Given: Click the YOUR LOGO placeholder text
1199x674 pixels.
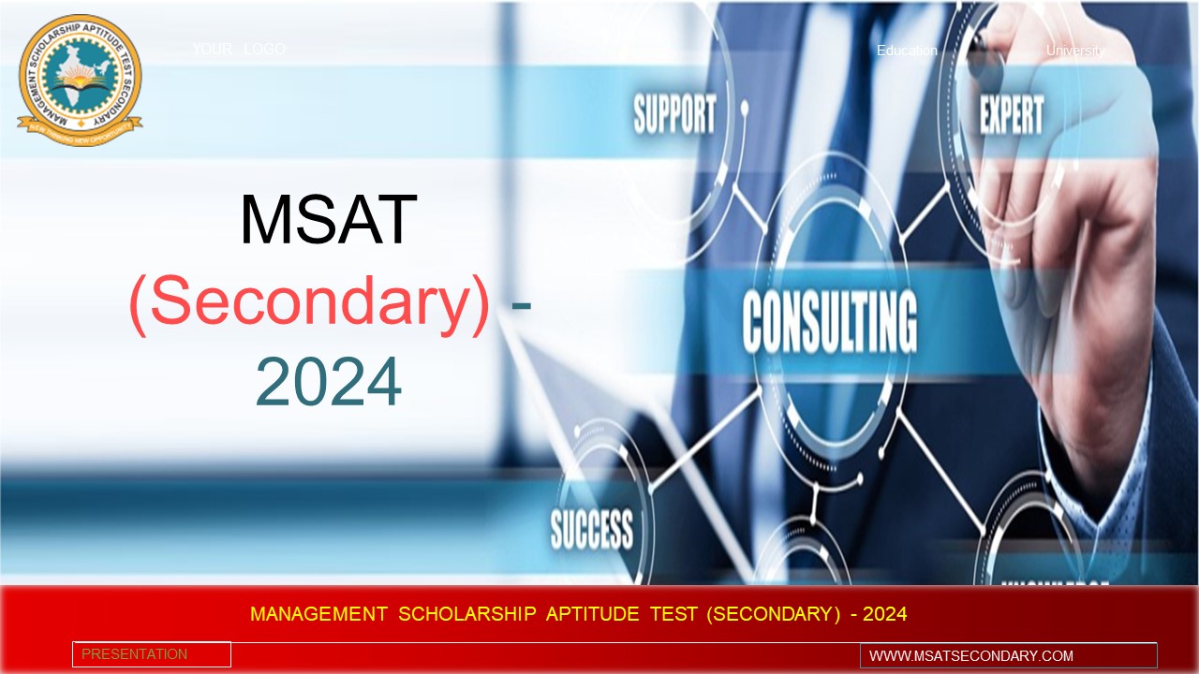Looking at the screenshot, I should pyautogui.click(x=239, y=49).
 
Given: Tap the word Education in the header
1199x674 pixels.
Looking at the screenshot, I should pyautogui.click(x=907, y=51).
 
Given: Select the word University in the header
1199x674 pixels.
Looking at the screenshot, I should pyautogui.click(x=1075, y=51).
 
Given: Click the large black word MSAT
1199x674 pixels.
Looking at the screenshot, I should pyautogui.click(x=328, y=221).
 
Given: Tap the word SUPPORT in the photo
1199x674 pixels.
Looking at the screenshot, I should pyautogui.click(x=674, y=114).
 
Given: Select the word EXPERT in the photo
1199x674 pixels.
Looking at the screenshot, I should pyautogui.click(x=1011, y=116).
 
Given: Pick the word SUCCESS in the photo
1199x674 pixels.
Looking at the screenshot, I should pyautogui.click(x=591, y=529).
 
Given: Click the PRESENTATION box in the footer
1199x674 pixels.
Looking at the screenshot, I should pyautogui.click(x=151, y=654).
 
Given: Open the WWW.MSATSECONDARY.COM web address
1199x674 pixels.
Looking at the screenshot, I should pyautogui.click(x=970, y=655).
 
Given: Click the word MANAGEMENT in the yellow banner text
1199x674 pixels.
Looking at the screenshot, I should pyautogui.click(x=318, y=614).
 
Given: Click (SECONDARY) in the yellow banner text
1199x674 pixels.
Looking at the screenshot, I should pyautogui.click(x=773, y=614).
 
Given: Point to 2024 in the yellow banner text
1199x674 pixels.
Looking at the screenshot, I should pyautogui.click(x=884, y=614).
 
